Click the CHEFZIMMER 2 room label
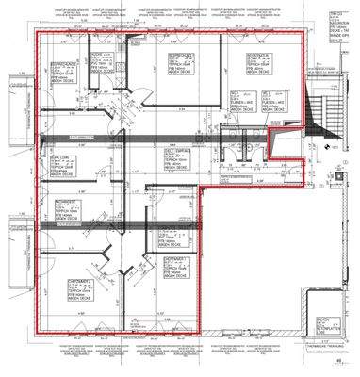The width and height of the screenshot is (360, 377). tap(179, 265)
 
